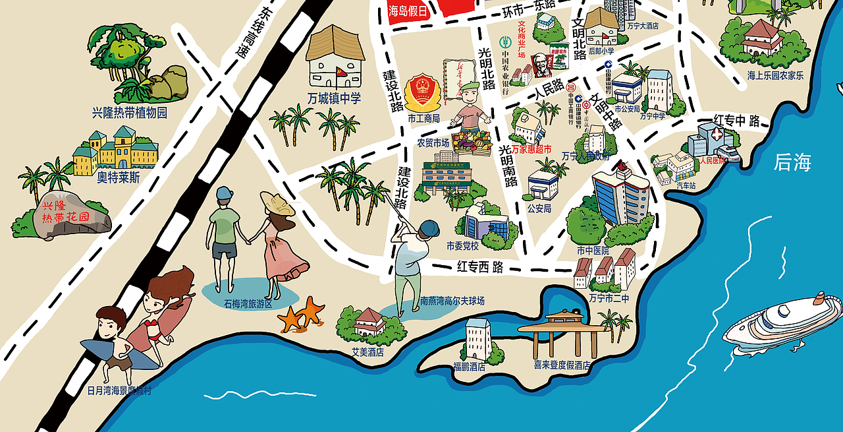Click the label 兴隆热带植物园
(x=130, y=113)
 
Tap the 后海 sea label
(x=792, y=162)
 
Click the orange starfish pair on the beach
(x=302, y=314)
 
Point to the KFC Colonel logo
(x=540, y=63)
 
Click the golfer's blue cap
(x=429, y=228)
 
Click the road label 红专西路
(x=480, y=267)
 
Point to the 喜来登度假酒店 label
(x=561, y=365)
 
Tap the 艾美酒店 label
(x=367, y=352)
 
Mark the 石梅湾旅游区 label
(x=248, y=304)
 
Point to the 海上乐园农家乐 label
(x=775, y=75)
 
